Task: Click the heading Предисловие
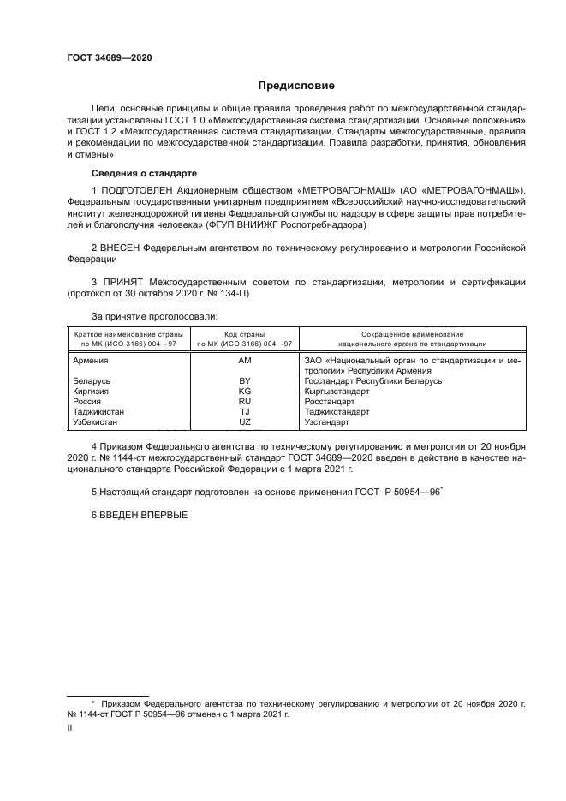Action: tap(297, 86)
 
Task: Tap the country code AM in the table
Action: tap(244, 362)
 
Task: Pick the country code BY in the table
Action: tap(244, 380)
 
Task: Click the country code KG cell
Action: tap(244, 391)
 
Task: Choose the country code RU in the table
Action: tap(244, 401)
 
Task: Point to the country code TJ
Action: tap(244, 411)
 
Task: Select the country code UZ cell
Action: tap(244, 421)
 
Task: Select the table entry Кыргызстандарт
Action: tap(337, 391)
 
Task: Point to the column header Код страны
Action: tap(244, 334)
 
